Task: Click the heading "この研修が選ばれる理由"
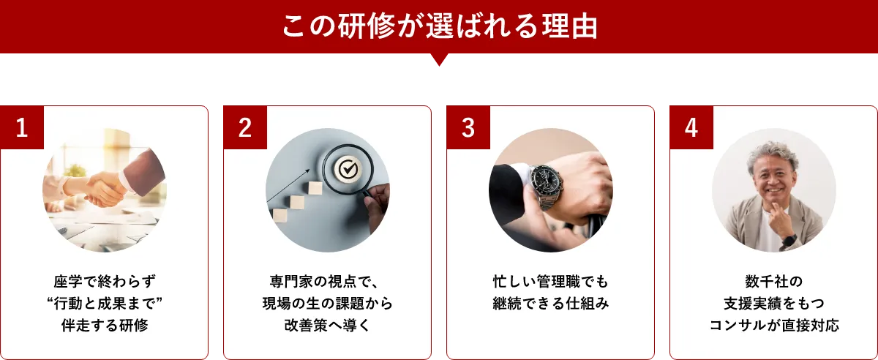pyautogui.click(x=439, y=27)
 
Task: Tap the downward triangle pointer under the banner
pyautogui.click(x=439, y=62)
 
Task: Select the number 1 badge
pyautogui.click(x=22, y=128)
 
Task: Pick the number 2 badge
pyautogui.click(x=244, y=128)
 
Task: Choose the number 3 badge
pyautogui.click(x=468, y=128)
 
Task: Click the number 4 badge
pyautogui.click(x=691, y=128)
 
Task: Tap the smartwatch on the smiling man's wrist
pyautogui.click(x=787, y=240)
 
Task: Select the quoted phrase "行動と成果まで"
pyautogui.click(x=105, y=304)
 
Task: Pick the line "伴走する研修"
pyautogui.click(x=105, y=326)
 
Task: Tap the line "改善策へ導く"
pyautogui.click(x=328, y=326)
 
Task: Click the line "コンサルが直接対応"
pyautogui.click(x=773, y=326)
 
